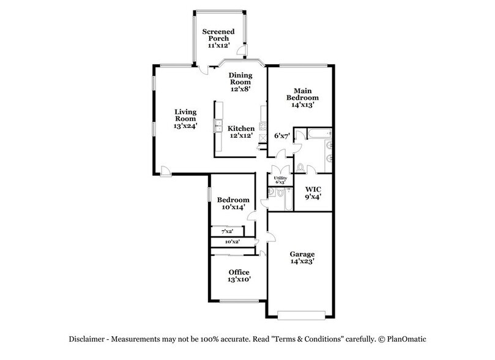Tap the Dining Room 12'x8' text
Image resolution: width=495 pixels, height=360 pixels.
240,81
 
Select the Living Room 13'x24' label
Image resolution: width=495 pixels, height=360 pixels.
184,118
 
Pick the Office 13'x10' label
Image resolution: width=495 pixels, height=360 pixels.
239,276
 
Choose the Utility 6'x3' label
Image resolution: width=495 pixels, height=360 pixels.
280,180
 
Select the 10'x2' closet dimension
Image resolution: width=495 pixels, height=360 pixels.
232,242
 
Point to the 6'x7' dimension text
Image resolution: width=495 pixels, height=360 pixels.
281,135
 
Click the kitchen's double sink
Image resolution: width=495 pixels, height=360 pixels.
217,127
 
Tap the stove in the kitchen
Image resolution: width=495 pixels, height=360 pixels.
262,129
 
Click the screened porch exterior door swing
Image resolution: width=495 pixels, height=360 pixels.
242,50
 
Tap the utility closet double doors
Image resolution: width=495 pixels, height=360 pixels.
280,170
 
